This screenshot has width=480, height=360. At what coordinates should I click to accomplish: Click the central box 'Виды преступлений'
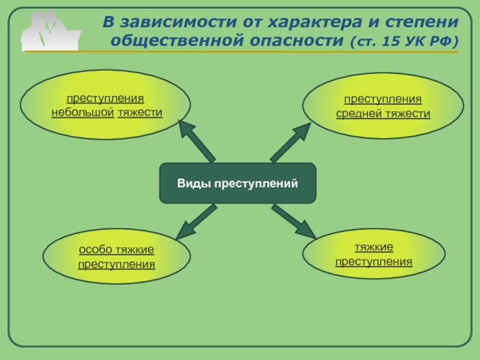coord(237,183)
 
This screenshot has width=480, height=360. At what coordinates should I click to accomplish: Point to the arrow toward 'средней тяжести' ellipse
coord(290,141)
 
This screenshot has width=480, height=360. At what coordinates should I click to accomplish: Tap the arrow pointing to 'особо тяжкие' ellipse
coord(197,223)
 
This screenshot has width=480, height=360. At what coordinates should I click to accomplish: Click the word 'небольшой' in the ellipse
coord(83,112)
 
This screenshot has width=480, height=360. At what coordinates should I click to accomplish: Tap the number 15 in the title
coord(389,43)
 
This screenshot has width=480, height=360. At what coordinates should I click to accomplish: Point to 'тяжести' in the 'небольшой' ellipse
coord(140,112)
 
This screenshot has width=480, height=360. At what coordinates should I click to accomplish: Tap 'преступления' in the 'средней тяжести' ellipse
coord(383,99)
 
